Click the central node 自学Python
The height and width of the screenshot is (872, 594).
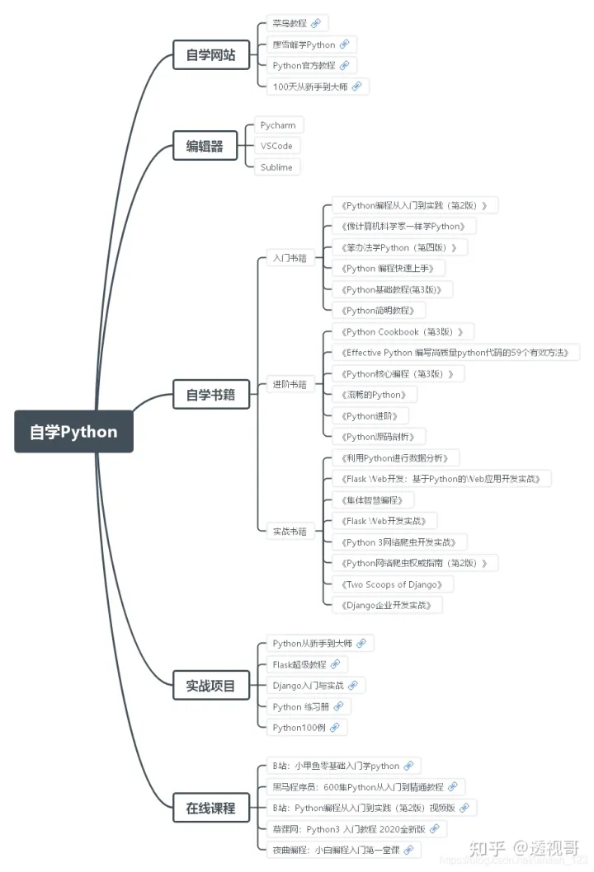[73, 432]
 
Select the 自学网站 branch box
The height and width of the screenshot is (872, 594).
[210, 55]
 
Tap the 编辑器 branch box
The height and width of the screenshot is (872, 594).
[205, 146]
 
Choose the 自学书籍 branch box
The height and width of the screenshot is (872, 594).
[210, 394]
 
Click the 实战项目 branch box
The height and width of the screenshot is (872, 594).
[210, 685]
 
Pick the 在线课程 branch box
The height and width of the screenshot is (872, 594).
[210, 808]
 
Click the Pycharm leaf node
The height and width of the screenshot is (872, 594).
[277, 125]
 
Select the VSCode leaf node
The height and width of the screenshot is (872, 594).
[276, 146]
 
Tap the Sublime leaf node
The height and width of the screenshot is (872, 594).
[276, 167]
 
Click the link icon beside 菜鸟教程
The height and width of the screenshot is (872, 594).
[316, 23]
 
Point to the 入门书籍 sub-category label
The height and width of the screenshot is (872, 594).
[290, 258]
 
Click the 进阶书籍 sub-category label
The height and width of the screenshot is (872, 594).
[290, 384]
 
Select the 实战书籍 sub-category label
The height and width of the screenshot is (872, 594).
[290, 532]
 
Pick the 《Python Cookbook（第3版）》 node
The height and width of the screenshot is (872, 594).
[402, 331]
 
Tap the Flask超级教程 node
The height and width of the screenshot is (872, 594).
[299, 664]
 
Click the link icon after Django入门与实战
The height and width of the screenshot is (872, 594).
[352, 685]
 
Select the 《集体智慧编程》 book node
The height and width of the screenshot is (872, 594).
[371, 499]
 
